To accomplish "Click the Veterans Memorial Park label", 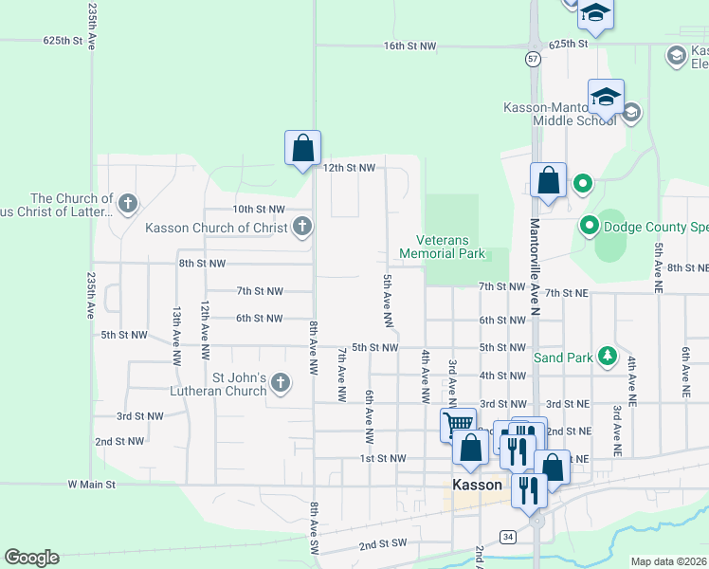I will click(x=443, y=247).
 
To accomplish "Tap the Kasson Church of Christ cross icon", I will click(x=301, y=227).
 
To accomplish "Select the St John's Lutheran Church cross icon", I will click(x=280, y=383).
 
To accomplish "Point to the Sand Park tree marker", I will click(x=606, y=358).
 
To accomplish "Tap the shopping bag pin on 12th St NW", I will click(x=302, y=149).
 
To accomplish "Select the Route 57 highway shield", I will click(x=534, y=59).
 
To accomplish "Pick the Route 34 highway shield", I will click(x=509, y=537).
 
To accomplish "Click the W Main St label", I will click(x=91, y=484).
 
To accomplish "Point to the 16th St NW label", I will click(x=409, y=46).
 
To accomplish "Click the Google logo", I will click(x=31, y=558).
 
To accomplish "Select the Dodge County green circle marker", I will click(x=589, y=227).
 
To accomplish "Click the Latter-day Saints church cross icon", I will click(x=128, y=202).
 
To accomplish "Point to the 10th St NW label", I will click(x=259, y=209).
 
